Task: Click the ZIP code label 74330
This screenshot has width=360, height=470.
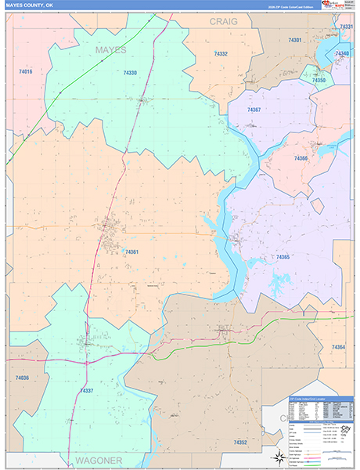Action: click(x=130, y=73)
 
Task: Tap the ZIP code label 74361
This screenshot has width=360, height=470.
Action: click(x=131, y=251)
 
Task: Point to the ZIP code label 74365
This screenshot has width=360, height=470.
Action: click(x=283, y=257)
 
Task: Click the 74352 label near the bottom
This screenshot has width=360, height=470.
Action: click(x=240, y=443)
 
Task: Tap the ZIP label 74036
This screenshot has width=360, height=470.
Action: click(x=22, y=378)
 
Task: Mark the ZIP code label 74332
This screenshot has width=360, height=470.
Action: click(x=221, y=54)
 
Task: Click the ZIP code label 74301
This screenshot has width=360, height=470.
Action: click(x=294, y=39)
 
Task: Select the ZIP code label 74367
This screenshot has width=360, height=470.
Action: click(x=254, y=110)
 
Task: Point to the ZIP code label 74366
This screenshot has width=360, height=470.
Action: click(x=301, y=158)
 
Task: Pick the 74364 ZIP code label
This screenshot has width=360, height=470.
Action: click(x=338, y=346)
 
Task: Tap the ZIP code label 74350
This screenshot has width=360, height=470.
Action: click(x=319, y=81)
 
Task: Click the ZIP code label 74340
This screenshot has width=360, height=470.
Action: click(x=342, y=53)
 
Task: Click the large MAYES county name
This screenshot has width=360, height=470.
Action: click(x=110, y=50)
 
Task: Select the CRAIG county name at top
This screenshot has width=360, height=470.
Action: click(x=223, y=23)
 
